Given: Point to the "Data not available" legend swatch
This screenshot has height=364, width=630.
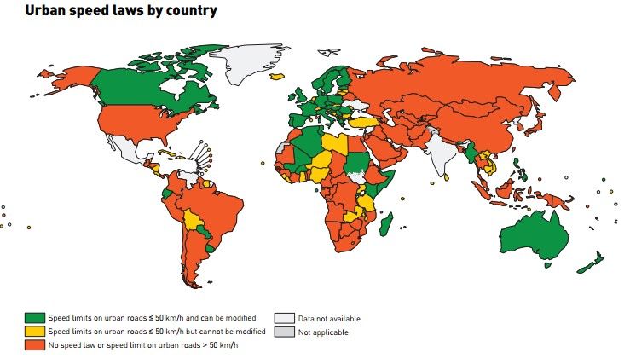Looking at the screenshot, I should click(x=284, y=318).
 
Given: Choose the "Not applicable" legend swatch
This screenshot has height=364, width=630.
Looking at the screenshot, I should click(x=284, y=332).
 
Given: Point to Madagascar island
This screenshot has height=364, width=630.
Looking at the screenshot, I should click(x=388, y=224).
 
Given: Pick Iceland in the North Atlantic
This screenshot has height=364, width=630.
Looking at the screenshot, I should click(x=275, y=76).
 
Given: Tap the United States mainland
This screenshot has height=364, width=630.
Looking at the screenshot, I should click(x=136, y=124).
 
